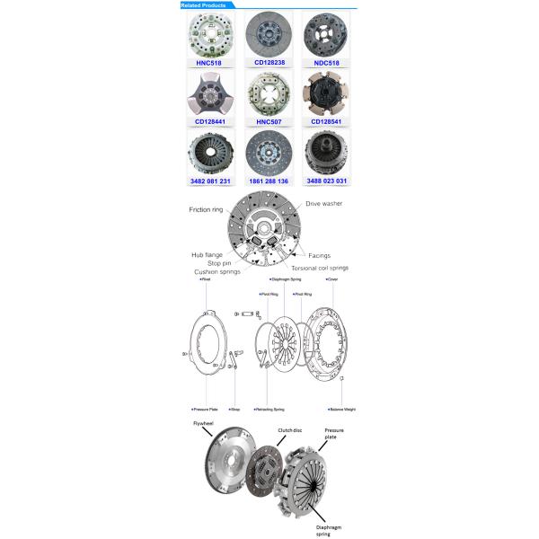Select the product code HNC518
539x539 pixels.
pos(210,64)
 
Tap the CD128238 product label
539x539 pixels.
pos(269,64)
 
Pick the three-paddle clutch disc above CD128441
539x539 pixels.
pos(210,92)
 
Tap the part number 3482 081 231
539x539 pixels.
pos(210,181)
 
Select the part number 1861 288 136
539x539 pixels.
pos(269,181)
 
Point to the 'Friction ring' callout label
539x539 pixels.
pos(206,209)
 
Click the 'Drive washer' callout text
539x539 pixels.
pos(324,204)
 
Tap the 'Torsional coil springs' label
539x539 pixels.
pos(321,268)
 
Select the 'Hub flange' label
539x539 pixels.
pos(207,255)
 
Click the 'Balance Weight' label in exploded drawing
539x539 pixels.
pos(342,409)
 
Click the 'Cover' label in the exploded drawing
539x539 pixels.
pos(332,279)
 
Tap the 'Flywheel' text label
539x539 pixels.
pos(204,422)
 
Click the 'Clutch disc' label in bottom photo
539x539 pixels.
pos(290,430)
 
